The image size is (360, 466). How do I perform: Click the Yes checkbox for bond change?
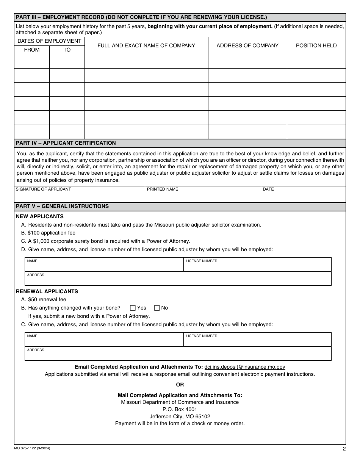pos(133,308)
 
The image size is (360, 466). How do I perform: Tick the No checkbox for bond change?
pos(157,308)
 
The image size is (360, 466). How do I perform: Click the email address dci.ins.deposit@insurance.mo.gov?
pos(244,367)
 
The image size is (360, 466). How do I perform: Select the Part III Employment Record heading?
pos(141,17)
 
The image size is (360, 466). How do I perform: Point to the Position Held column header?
pos(316,45)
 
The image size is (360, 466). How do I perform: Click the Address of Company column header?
pos(247,45)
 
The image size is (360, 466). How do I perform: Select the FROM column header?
pos(32,50)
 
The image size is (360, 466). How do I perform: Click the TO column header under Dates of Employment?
pos(67,50)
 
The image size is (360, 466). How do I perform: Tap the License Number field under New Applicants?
pos(257,265)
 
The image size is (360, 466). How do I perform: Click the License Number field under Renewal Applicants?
pos(257,340)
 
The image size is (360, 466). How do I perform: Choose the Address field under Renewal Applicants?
pos(178,354)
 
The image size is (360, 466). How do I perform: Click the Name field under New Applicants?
pos(104,265)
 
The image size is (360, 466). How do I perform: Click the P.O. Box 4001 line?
pos(180,409)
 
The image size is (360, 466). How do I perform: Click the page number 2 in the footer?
pos(344,449)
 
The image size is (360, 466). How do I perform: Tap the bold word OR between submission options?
pos(180,385)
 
